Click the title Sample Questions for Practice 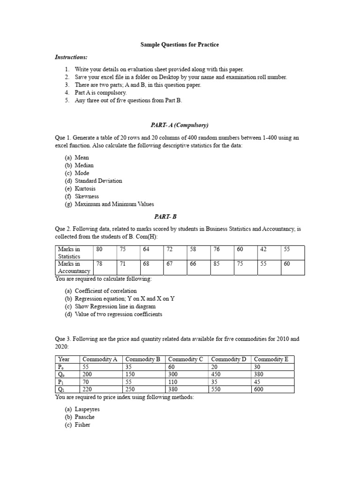click(x=180, y=45)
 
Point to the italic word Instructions click(x=71, y=57)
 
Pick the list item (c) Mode click(x=77, y=173)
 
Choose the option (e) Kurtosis click(x=81, y=188)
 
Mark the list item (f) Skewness click(x=82, y=196)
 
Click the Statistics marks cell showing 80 click(x=99, y=250)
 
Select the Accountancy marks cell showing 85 click(x=217, y=264)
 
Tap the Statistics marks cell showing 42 click(x=263, y=250)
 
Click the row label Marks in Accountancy click(x=74, y=267)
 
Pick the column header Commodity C click(x=186, y=360)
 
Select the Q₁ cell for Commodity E click(x=258, y=390)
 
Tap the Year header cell click(x=64, y=360)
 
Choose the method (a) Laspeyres click(x=82, y=409)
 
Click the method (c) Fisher click(x=77, y=425)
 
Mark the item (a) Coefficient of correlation click(x=101, y=291)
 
